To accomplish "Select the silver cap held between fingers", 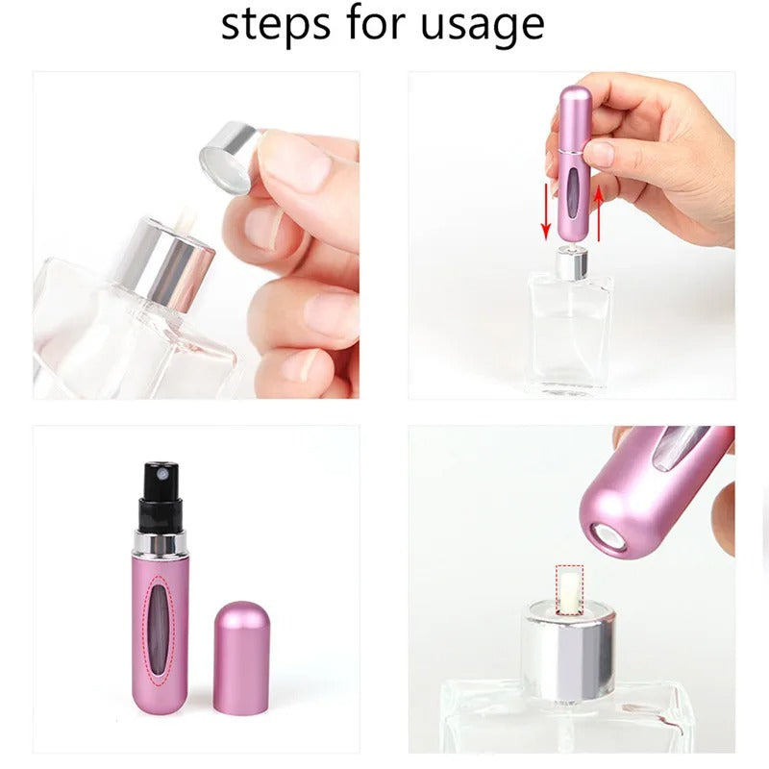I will tap(229, 154).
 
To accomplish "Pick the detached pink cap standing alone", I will tap(240, 657).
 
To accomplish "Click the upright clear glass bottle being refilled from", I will tap(571, 327).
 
